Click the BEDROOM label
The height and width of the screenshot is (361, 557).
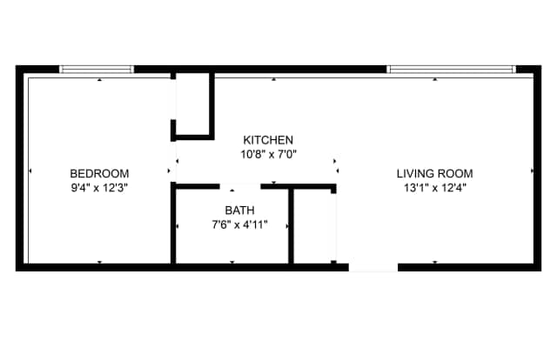(x=99, y=174)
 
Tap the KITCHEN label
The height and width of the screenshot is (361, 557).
(x=268, y=140)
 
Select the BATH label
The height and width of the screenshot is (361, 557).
(x=240, y=211)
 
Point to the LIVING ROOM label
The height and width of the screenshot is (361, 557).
(x=435, y=174)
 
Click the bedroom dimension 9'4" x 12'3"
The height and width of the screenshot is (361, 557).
(x=99, y=188)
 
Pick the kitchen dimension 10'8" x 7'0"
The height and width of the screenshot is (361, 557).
(x=269, y=155)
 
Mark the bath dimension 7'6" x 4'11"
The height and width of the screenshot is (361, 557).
(x=240, y=224)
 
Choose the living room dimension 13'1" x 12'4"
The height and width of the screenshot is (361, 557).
(x=435, y=188)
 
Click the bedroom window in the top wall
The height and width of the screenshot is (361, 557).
(x=97, y=70)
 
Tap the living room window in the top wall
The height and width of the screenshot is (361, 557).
(x=451, y=70)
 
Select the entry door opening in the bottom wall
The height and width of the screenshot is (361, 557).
(x=373, y=267)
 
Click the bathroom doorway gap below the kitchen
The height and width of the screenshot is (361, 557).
(x=240, y=186)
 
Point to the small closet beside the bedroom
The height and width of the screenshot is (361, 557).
(x=192, y=104)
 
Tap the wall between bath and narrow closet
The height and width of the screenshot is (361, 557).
(x=291, y=226)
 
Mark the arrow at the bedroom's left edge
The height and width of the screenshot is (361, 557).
(x=30, y=171)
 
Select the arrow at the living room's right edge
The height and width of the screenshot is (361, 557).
(x=532, y=171)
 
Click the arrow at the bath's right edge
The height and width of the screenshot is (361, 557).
(x=286, y=226)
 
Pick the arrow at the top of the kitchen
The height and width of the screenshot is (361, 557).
(x=273, y=80)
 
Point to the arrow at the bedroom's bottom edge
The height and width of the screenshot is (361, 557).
(x=100, y=262)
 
